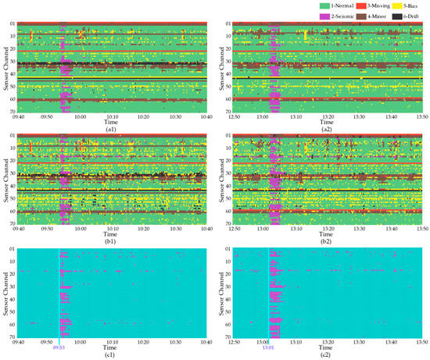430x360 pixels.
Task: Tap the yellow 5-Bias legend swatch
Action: [393, 5]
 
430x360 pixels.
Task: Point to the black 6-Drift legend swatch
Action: [393, 16]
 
